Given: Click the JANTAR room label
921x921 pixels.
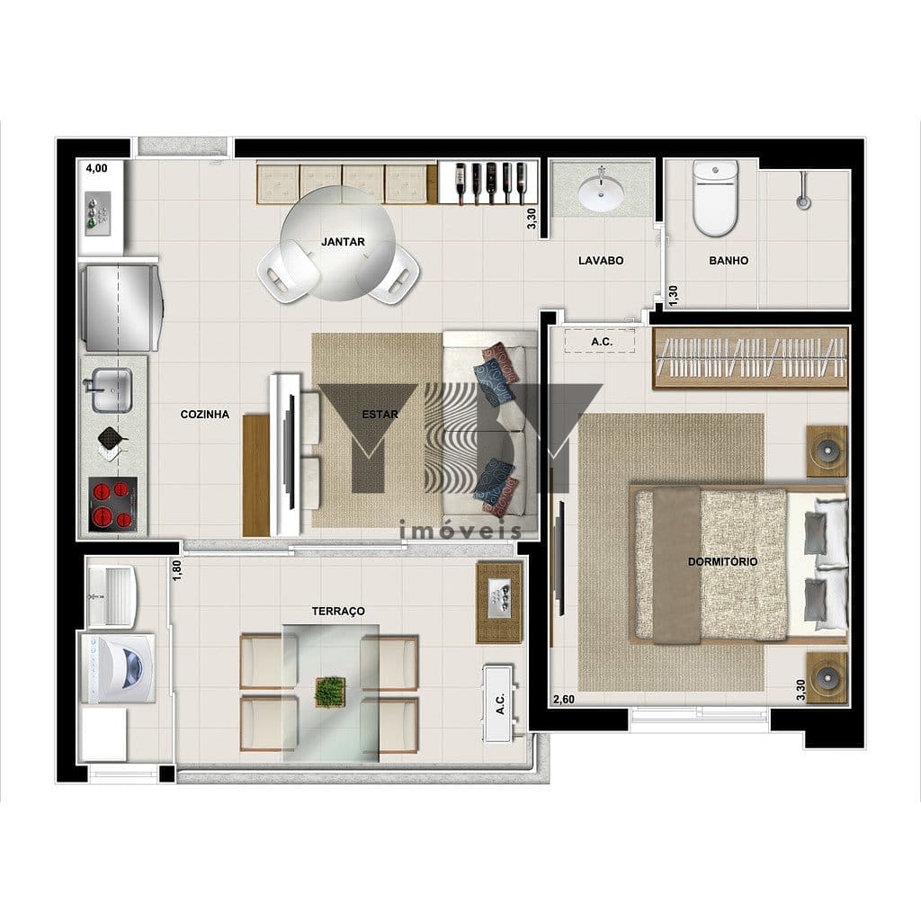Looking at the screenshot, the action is [x=343, y=241].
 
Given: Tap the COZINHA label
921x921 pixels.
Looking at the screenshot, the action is [x=204, y=414].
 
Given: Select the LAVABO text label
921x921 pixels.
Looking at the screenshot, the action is [x=601, y=260].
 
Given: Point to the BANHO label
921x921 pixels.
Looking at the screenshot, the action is [x=729, y=260].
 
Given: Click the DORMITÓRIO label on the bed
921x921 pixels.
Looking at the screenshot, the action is [x=722, y=561].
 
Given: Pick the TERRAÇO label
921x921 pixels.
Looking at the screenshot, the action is [x=338, y=612].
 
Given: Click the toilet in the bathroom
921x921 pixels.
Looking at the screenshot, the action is [x=714, y=198].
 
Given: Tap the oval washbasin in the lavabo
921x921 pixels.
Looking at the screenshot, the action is [x=601, y=193].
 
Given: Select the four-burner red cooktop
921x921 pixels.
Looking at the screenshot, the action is [x=112, y=504].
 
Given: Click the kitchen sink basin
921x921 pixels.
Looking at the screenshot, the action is [x=111, y=390].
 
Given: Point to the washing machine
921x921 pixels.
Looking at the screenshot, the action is [x=118, y=668].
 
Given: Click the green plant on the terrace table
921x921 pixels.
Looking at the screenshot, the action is [x=329, y=692].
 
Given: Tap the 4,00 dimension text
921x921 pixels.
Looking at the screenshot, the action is [x=97, y=168].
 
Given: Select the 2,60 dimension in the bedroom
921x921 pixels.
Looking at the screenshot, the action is [x=564, y=700].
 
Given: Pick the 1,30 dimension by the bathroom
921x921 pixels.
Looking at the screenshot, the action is [x=673, y=295].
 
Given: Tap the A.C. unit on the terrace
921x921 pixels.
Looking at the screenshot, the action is [x=499, y=703].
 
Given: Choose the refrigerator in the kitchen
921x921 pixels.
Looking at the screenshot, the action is [x=121, y=308].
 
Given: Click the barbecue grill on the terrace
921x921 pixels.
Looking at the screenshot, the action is [x=499, y=603].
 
